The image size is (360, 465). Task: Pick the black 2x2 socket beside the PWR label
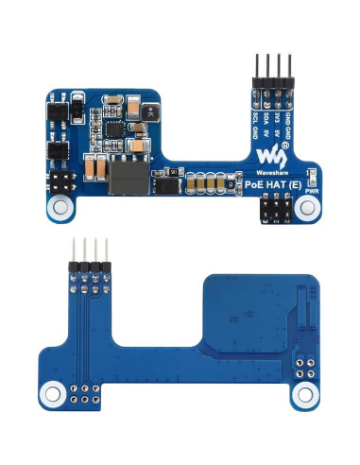(x=273, y=211)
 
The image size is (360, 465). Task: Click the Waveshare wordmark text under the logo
(x=272, y=172)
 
